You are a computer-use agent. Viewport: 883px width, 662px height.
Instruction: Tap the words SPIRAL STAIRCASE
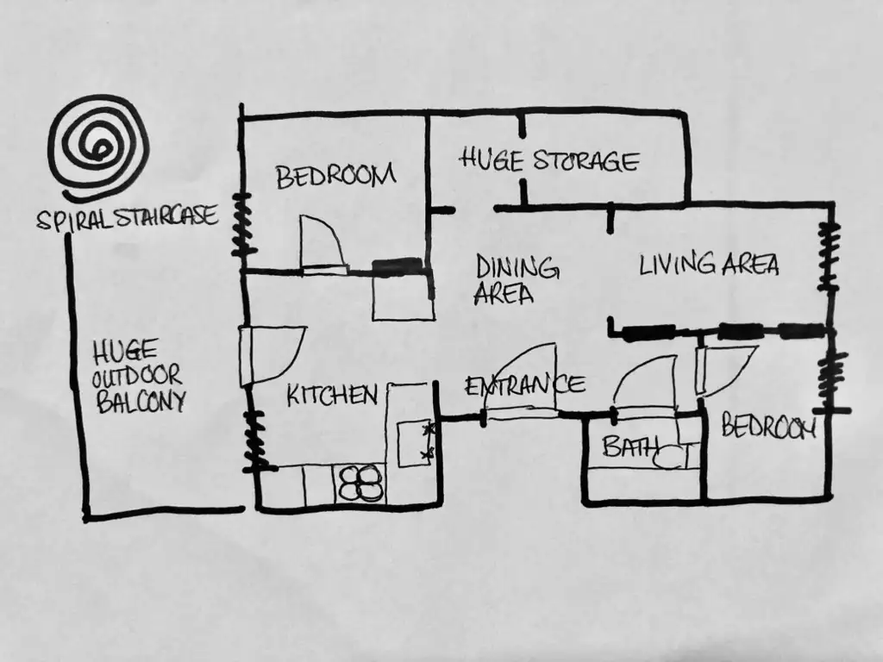(x=128, y=218)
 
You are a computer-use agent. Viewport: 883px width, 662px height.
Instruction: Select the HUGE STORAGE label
(x=549, y=159)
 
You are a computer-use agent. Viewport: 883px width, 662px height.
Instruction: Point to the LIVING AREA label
(x=709, y=264)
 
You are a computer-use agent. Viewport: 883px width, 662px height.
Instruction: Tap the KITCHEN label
(x=332, y=395)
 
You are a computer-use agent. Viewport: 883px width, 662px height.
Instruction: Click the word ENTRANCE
(x=525, y=386)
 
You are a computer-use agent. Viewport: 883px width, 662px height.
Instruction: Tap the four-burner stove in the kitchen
(x=360, y=483)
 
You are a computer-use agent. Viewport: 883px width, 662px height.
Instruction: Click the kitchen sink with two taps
(x=415, y=444)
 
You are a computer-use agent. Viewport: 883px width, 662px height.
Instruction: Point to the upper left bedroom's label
(x=335, y=176)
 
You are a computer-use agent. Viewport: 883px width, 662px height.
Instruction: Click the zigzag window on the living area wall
(x=829, y=256)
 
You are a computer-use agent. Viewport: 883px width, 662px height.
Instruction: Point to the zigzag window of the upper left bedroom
(x=242, y=224)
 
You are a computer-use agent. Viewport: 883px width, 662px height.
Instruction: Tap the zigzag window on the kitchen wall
(x=254, y=440)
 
